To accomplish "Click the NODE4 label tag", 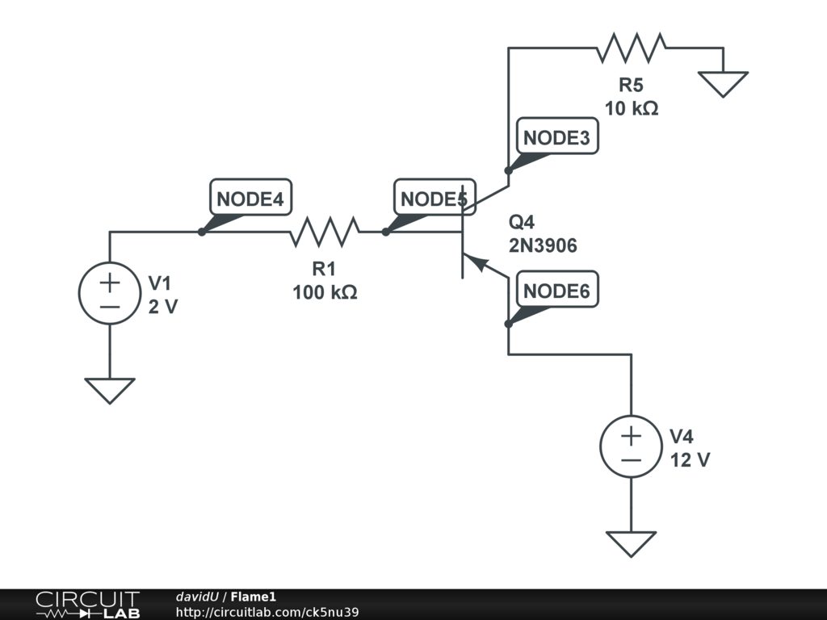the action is coord(250,197).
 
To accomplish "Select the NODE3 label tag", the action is coord(557,136).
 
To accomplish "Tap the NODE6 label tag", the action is coord(557,289).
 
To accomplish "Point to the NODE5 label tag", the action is coord(434,197).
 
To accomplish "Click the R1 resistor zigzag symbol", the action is coord(325,232).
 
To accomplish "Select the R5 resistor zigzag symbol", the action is coord(632,48).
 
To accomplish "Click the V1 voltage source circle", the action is coord(110,293).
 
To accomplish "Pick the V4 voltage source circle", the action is coord(632,446).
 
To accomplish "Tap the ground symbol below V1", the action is coord(110,391).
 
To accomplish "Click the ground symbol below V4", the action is coord(632,544).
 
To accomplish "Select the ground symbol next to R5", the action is coord(723,84).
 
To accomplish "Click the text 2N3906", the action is coord(543,245).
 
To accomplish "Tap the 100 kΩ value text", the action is coord(325,292).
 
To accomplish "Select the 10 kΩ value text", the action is coord(632,108).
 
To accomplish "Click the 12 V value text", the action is coord(690,459).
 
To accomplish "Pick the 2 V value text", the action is coord(163,306).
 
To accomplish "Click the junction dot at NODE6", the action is coord(509,324).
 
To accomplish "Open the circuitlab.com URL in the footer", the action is coord(267,612).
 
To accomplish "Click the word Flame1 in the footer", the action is coord(253,597).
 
